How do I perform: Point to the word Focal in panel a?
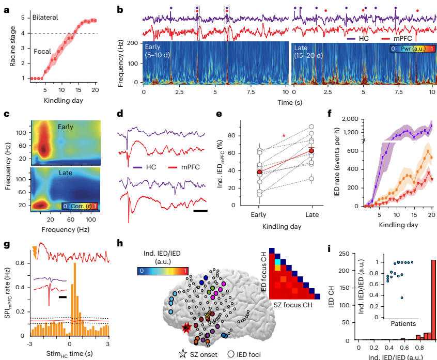pos(42,52)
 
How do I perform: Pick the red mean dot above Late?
pos(311,151)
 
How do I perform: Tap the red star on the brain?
pos(186,327)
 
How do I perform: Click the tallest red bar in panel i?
pos(433,300)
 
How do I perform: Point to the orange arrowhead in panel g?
pos(35,252)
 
